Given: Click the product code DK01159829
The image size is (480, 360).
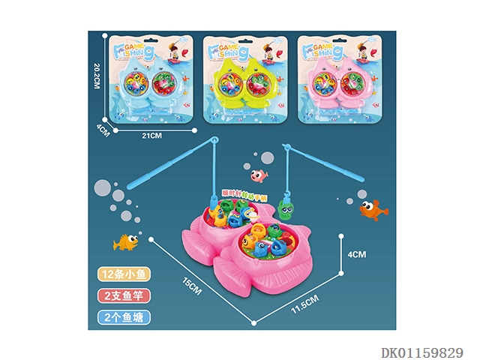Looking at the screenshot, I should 422,351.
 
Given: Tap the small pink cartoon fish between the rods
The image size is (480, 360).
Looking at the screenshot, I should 259,177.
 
